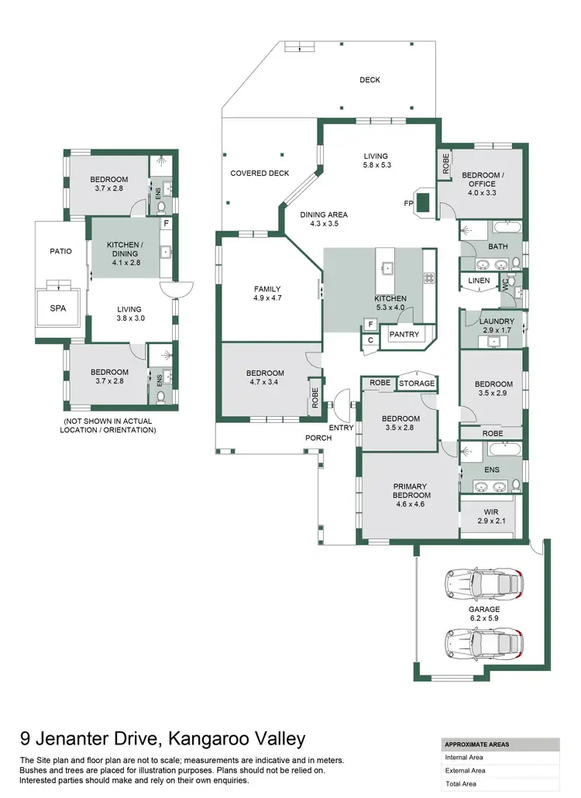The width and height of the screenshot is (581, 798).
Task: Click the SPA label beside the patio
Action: [59, 308]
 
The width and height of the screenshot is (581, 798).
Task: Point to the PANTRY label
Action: [404, 335]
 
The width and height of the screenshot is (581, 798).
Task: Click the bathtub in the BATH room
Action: [506, 229]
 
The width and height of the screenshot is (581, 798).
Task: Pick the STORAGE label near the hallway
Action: [418, 383]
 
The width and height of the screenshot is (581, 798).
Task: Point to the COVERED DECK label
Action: [259, 174]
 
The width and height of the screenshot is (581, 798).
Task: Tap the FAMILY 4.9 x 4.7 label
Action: [267, 294]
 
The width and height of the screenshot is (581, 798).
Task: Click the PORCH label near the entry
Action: [318, 438]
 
